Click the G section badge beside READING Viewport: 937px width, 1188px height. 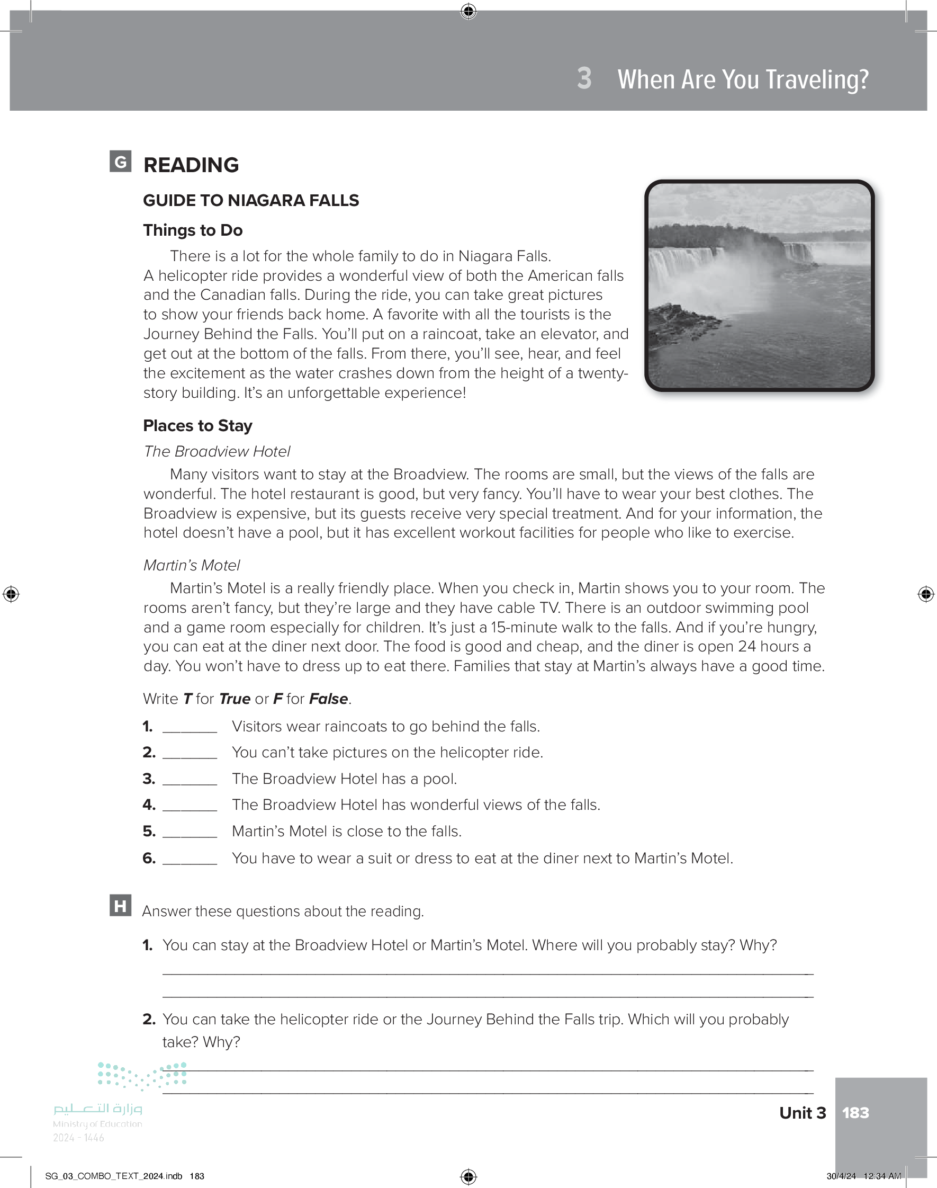click(120, 162)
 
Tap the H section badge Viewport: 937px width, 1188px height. click(120, 905)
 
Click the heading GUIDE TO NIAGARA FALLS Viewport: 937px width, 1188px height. click(251, 200)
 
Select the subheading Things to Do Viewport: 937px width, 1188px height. click(193, 230)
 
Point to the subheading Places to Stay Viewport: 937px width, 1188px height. click(197, 425)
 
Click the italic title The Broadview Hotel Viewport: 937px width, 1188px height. click(217, 451)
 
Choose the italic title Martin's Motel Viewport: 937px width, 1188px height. click(192, 565)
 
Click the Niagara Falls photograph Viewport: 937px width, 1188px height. click(759, 285)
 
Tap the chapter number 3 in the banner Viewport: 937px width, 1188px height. click(584, 78)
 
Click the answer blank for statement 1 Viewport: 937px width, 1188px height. click(190, 728)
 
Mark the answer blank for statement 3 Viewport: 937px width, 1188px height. click(190, 780)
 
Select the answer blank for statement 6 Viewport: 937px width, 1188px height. click(190, 859)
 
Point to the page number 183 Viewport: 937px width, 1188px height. click(855, 1113)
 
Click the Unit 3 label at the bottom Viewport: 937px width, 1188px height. click(802, 1113)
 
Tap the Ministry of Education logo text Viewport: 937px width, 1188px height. click(97, 1115)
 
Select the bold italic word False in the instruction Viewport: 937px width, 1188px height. click(328, 699)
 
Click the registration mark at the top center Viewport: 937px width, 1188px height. click(468, 11)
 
